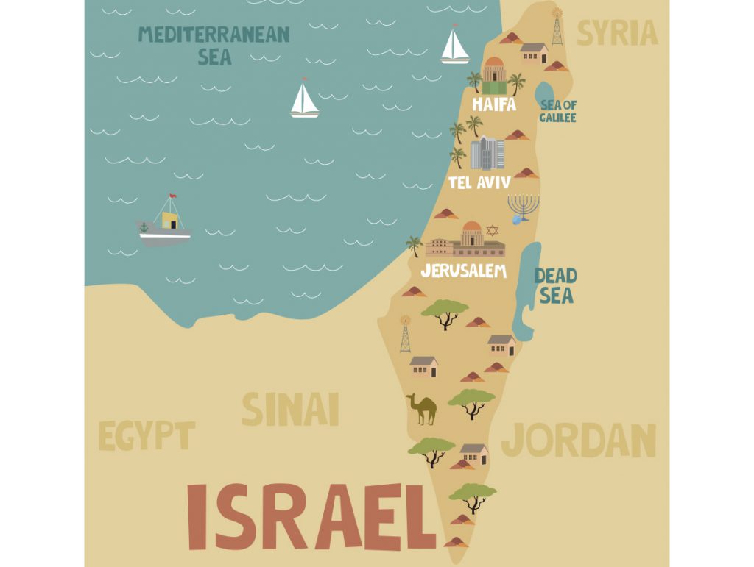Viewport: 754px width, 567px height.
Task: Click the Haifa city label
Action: pos(493,104)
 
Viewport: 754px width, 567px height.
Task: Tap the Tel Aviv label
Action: pos(479,182)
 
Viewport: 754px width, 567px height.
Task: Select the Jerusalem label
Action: pos(464,271)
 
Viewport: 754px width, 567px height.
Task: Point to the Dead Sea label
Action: pos(555,286)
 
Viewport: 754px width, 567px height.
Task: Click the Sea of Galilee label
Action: pos(558,111)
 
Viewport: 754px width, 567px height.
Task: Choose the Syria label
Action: pos(616,33)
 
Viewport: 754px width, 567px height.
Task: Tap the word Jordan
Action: pos(579,440)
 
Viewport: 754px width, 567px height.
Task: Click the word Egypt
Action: pos(147,436)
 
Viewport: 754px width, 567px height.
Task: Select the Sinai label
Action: pos(290,409)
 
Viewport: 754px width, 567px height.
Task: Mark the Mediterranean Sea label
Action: pos(214,45)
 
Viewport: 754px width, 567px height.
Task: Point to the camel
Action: pos(422,409)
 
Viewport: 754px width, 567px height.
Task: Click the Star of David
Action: pos(492,230)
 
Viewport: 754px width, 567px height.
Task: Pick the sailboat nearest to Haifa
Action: pos(454,46)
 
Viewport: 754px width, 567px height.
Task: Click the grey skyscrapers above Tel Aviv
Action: pos(487,153)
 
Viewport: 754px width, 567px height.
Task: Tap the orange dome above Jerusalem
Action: pos(472,228)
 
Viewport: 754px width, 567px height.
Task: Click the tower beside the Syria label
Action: pos(557,28)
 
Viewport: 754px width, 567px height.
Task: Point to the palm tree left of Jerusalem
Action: pos(414,245)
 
